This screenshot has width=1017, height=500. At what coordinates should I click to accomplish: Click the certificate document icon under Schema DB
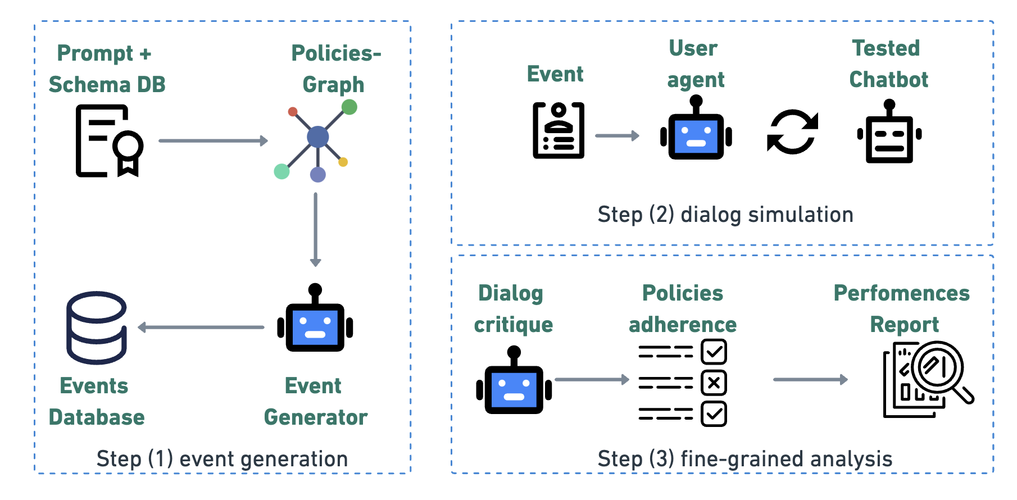click(109, 141)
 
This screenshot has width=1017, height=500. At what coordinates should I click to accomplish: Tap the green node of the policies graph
click(349, 107)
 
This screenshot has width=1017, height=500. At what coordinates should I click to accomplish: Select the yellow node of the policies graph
click(343, 162)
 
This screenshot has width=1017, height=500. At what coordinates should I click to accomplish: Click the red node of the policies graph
click(293, 112)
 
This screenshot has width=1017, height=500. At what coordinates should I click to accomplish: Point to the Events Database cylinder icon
click(97, 328)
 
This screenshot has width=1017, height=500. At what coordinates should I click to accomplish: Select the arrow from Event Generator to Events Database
click(201, 327)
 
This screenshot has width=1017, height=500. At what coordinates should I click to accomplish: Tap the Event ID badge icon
click(558, 130)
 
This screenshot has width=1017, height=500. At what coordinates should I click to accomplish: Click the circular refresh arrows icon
click(792, 132)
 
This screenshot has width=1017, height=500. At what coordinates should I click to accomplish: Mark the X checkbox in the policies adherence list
click(714, 383)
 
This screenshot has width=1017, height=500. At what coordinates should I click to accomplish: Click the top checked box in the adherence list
click(714, 352)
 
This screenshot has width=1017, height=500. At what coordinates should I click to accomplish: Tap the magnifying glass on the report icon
click(937, 369)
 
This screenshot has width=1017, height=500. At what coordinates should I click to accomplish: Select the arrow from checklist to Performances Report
click(810, 380)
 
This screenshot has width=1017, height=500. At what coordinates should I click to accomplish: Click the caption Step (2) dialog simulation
click(725, 215)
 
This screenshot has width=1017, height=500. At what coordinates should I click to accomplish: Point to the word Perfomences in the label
click(901, 293)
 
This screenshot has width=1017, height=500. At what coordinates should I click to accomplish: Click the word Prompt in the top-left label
click(95, 53)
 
